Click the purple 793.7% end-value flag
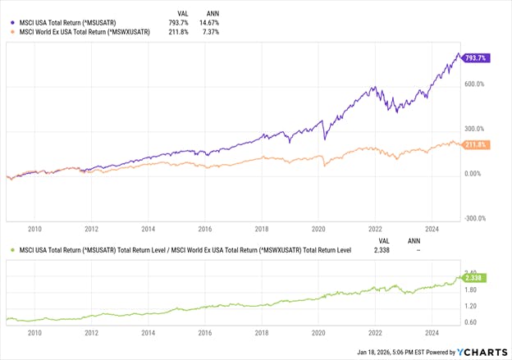[476, 58]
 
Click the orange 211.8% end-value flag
[476, 145]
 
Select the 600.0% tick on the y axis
[476, 84]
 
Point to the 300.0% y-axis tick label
[476, 129]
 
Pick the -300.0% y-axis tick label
[476, 218]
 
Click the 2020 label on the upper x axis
[318, 230]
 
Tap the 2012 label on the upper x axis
[91, 230]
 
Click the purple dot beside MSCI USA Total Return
[11, 22]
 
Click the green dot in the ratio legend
[11, 250]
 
